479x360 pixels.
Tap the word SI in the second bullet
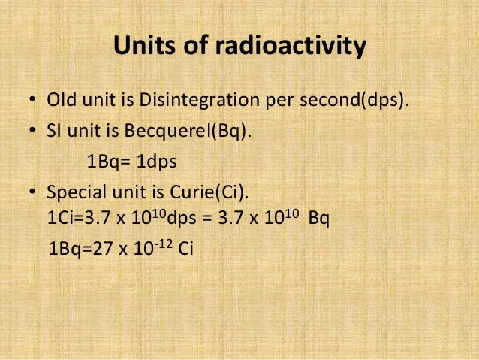coord(55,132)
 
